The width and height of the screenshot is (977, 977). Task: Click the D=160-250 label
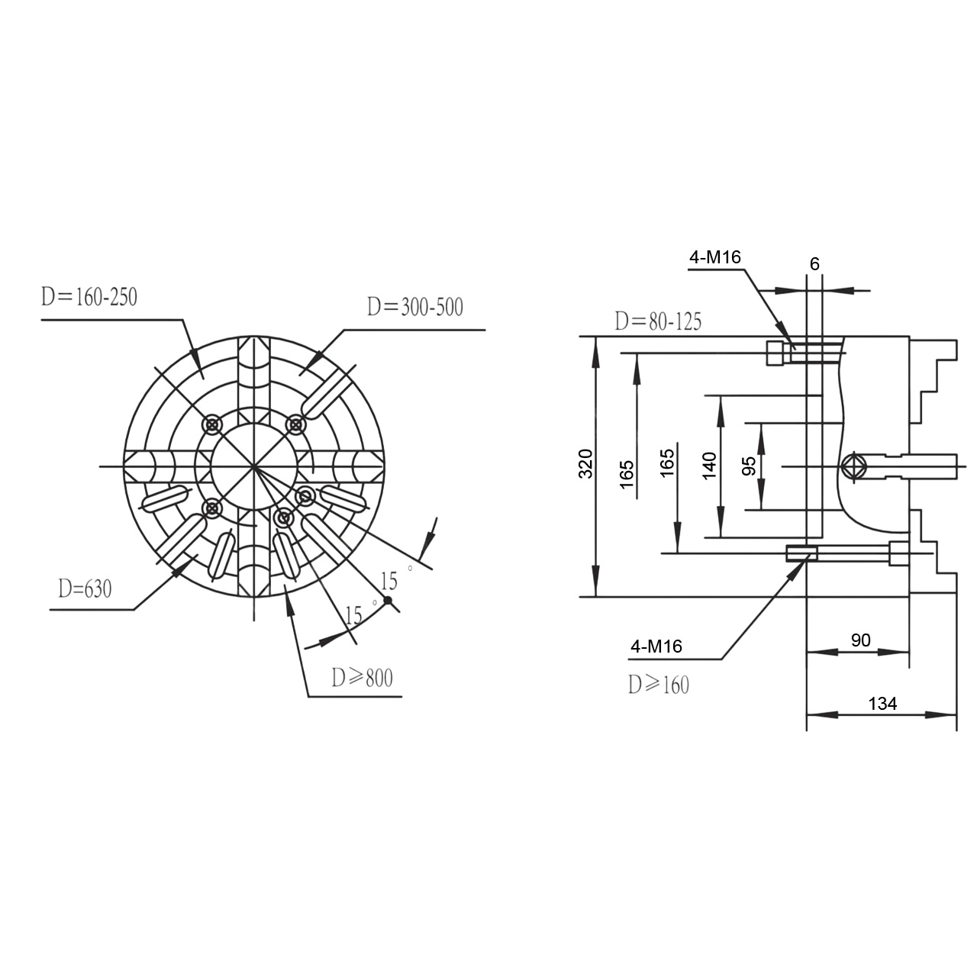(x=89, y=297)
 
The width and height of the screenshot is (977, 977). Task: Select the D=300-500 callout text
(x=415, y=308)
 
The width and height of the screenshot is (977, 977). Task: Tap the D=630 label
(x=85, y=588)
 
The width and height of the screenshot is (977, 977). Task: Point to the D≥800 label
(x=362, y=678)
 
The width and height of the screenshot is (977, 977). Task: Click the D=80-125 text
(x=658, y=321)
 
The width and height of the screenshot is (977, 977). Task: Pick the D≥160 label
(x=659, y=685)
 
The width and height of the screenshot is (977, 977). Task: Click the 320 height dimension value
(x=585, y=463)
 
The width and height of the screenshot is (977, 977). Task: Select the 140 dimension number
(x=709, y=466)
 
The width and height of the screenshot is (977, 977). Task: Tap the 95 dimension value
(x=749, y=466)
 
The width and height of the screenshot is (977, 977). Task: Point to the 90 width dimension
(x=861, y=640)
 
